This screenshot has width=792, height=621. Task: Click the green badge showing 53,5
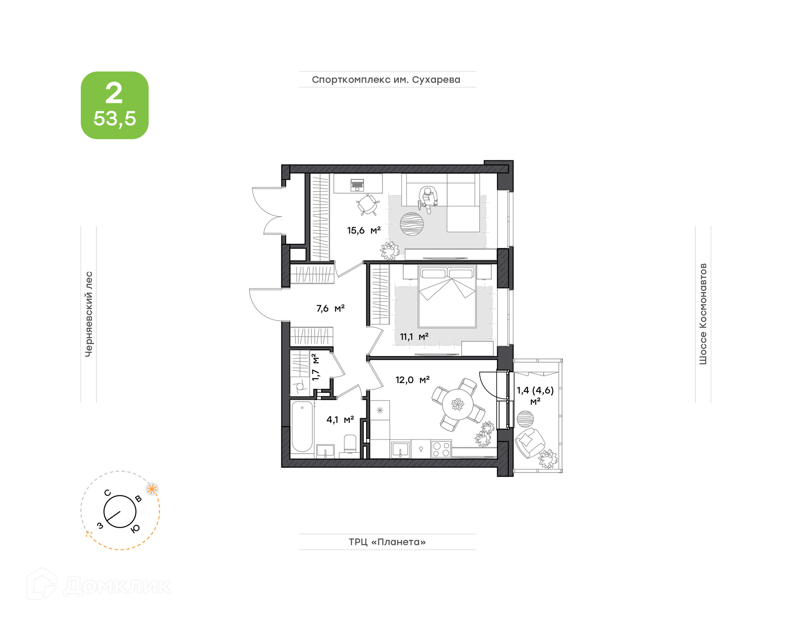click(114, 105)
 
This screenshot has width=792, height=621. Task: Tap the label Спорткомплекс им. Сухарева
click(386, 80)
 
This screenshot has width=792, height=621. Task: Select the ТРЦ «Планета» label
click(387, 542)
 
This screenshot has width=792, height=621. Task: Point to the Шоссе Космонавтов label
click(703, 314)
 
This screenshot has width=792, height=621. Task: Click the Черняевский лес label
click(89, 314)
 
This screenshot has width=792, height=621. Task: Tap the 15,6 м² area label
click(363, 230)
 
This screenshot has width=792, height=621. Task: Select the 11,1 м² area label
click(414, 337)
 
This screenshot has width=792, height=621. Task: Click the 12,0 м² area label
click(412, 380)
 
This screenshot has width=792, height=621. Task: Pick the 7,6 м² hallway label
click(330, 308)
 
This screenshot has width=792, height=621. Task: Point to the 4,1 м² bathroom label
click(340, 419)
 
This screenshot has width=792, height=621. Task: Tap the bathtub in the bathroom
click(302, 427)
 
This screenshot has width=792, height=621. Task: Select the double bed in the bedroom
click(447, 296)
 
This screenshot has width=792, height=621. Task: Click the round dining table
click(457, 404)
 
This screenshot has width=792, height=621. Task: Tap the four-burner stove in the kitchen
click(441, 449)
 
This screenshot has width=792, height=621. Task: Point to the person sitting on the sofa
click(428, 199)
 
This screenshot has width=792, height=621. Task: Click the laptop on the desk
click(357, 185)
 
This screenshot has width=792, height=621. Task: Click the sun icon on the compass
click(152, 489)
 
